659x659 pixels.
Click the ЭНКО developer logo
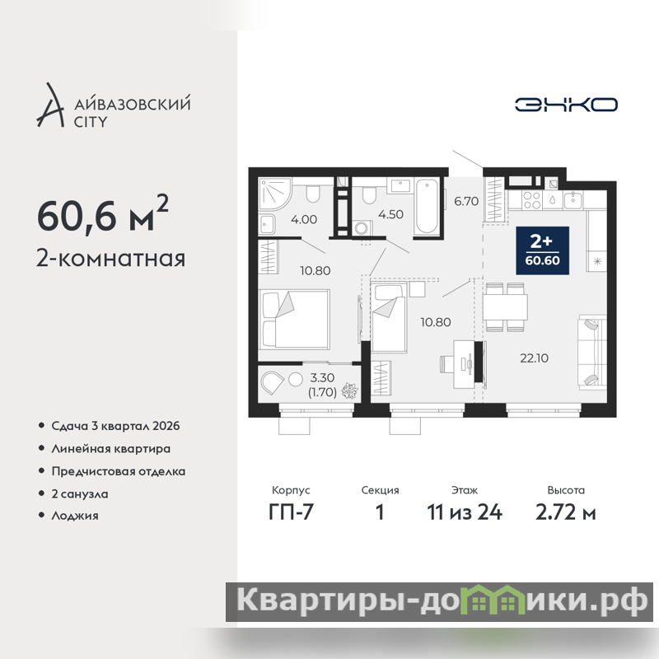[566, 105]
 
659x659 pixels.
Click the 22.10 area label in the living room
[534, 358]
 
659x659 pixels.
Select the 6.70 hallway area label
[466, 201]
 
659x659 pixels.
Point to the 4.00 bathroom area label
[304, 219]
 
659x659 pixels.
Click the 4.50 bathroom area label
[390, 214]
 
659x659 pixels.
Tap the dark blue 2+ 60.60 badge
[542, 250]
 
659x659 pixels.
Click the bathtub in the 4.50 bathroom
[427, 206]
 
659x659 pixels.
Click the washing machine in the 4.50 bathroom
[362, 228]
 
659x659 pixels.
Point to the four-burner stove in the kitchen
[531, 200]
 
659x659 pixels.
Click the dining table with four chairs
[505, 307]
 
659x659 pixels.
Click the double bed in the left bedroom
[294, 320]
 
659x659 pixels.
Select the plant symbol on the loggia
[349, 390]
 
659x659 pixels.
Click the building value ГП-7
[291, 512]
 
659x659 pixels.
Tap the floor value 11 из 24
[465, 512]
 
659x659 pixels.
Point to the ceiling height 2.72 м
[566, 512]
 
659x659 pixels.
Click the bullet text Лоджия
[75, 516]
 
